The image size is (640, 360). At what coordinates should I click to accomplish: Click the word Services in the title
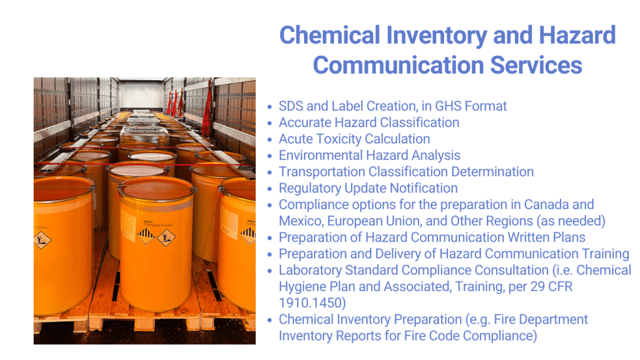[536, 65]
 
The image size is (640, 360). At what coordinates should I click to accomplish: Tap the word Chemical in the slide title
[330, 35]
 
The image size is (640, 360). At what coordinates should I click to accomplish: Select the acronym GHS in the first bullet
[448, 106]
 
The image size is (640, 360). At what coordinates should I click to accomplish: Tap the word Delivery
[397, 254]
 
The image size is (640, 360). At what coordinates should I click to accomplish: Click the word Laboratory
[310, 270]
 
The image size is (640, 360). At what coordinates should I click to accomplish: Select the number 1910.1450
[312, 303]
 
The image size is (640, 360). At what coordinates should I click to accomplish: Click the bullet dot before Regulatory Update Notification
[270, 189]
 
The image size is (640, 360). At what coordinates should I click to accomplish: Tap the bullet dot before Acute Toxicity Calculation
[270, 140]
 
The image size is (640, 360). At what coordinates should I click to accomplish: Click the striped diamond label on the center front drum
[145, 235]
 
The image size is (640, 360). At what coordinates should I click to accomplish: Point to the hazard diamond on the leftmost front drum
[42, 239]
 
